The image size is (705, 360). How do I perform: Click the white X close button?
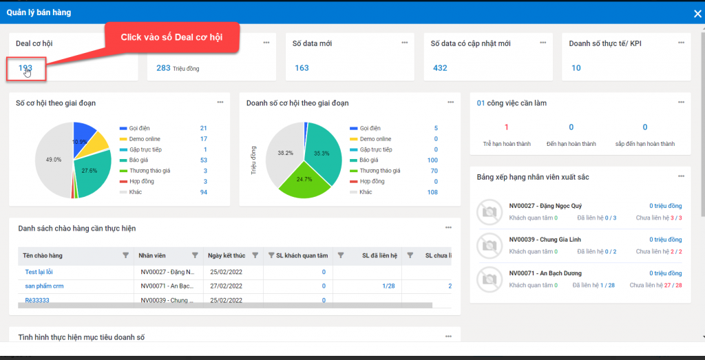pyautogui.click(x=697, y=13)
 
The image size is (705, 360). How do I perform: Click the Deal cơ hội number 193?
pyautogui.click(x=25, y=67)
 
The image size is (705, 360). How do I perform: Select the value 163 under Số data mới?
pyautogui.click(x=302, y=67)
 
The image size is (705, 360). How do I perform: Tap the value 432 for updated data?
pyautogui.click(x=440, y=67)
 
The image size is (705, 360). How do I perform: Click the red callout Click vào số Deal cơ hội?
pyautogui.click(x=171, y=36)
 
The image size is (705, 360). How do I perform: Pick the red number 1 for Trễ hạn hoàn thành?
pyautogui.click(x=506, y=127)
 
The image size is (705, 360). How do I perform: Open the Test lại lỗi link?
pyautogui.click(x=39, y=271)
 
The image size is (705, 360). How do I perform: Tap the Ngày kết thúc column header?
pyautogui.click(x=227, y=255)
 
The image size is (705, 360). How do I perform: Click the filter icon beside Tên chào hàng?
pyautogui.click(x=125, y=255)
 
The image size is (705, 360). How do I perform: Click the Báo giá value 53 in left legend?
pyautogui.click(x=203, y=160)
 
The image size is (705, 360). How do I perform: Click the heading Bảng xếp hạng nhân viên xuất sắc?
pyautogui.click(x=532, y=177)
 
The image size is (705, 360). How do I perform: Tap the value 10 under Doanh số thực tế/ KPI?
pyautogui.click(x=576, y=67)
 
